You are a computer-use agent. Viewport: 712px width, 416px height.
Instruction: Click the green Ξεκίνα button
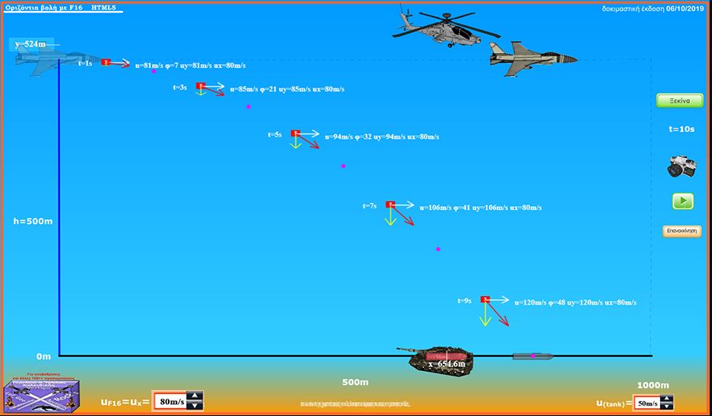click(680, 101)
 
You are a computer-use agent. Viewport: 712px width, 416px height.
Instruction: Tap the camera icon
click(681, 165)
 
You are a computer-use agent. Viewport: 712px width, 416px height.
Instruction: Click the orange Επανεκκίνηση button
click(682, 231)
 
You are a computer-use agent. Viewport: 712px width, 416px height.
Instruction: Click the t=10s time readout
click(681, 129)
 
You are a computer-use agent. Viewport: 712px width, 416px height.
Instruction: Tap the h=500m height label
click(33, 221)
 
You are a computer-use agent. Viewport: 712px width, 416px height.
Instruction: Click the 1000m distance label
click(652, 385)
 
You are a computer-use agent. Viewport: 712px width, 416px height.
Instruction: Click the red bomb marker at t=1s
click(106, 62)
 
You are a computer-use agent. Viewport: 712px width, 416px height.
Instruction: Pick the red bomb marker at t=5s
click(295, 133)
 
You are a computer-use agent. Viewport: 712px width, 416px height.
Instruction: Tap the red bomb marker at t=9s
click(485, 299)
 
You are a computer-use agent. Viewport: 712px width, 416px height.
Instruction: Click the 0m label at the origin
click(43, 357)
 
